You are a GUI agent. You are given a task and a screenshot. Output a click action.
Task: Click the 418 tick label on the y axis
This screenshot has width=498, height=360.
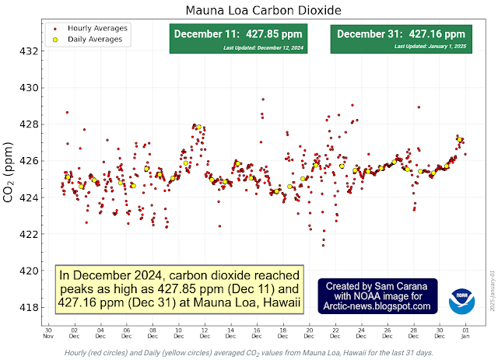point(28,307)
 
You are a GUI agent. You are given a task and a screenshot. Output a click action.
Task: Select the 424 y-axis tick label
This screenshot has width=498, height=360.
point(28,197)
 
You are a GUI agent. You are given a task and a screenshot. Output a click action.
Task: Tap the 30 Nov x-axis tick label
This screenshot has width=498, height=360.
point(48,333)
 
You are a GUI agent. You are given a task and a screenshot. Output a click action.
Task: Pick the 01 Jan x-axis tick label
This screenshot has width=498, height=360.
point(465,333)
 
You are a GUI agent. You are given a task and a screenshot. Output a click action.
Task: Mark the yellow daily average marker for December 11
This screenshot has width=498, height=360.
point(198,127)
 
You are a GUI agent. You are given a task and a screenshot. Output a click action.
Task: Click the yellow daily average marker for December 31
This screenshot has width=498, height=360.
point(460,140)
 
